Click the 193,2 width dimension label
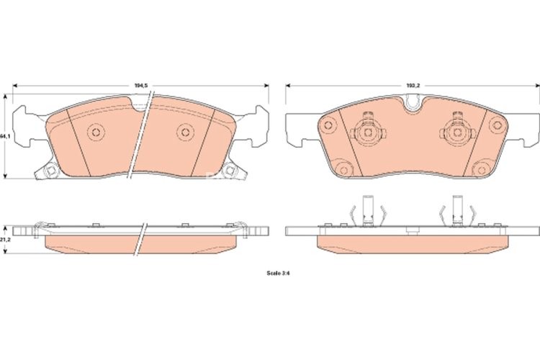[413, 86]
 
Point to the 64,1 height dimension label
[4, 135]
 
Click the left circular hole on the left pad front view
[94, 132]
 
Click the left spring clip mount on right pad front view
[367, 132]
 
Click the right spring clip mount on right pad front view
[456, 132]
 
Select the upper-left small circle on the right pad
[329, 127]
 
